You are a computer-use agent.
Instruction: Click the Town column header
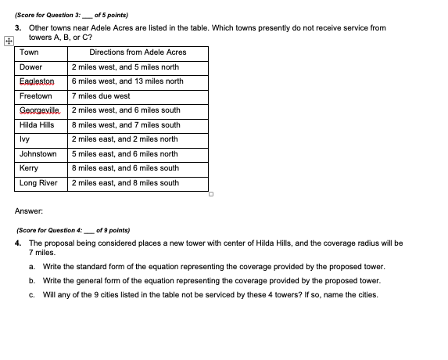(x=30, y=52)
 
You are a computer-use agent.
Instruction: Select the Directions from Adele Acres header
(x=138, y=52)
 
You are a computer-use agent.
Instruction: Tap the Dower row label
(x=31, y=67)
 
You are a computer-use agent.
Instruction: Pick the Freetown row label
(x=36, y=96)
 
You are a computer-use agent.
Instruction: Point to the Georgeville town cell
(x=39, y=110)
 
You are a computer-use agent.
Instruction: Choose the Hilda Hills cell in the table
(x=37, y=125)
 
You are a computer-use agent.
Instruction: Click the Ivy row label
(x=24, y=139)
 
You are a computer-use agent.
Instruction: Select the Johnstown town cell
(x=38, y=154)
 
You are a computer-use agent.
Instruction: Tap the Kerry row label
(x=29, y=168)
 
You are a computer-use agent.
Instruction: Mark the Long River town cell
(x=38, y=183)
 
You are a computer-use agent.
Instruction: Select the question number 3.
(x=19, y=28)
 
